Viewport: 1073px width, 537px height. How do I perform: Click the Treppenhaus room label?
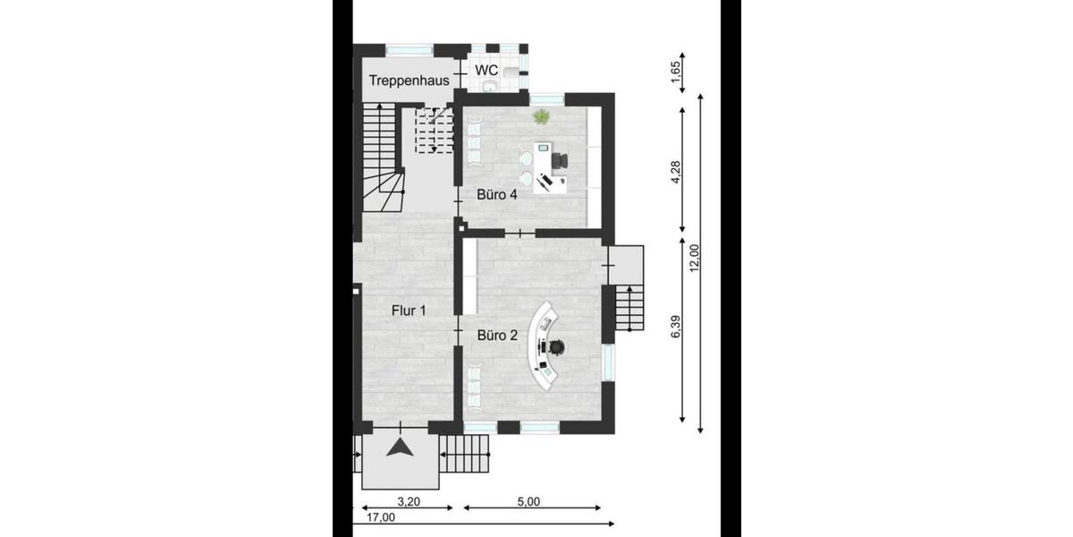click(409, 81)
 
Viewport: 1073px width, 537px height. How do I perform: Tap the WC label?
click(486, 70)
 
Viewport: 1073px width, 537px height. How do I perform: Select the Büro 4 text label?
click(497, 195)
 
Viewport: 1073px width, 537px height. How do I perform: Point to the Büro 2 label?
click(497, 336)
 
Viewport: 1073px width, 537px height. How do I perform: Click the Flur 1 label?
click(409, 311)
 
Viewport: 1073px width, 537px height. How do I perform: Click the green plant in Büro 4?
click(541, 116)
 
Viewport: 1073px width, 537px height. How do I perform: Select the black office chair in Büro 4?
click(560, 160)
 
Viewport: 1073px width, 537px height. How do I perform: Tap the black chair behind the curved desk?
click(555, 345)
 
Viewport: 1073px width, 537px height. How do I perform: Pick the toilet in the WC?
click(511, 71)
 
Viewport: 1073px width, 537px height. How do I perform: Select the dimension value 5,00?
click(528, 502)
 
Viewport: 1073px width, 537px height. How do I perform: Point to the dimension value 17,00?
click(379, 517)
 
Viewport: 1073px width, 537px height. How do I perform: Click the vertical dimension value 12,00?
click(694, 260)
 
